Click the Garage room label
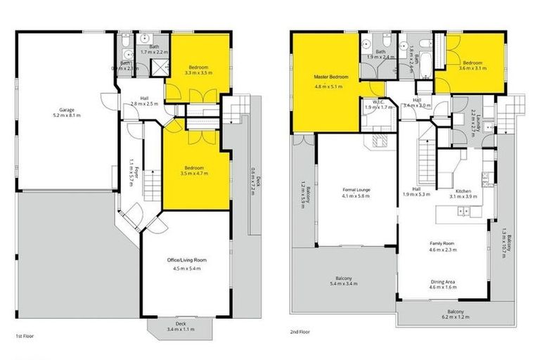67,109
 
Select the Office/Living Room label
185,260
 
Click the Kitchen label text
462,191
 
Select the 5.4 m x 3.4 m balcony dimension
344,285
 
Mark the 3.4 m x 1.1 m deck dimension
181,330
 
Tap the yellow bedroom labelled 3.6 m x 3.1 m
474,64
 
